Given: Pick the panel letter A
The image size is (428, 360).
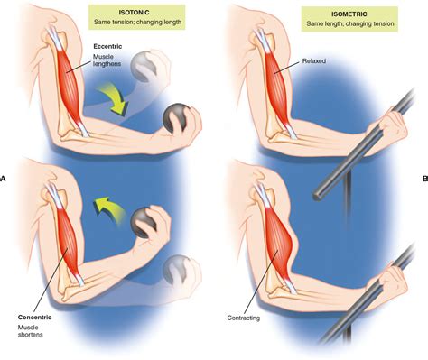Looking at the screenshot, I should point(4,179).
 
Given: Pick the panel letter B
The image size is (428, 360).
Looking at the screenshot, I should point(423,179).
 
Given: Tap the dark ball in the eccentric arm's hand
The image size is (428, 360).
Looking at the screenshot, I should point(177,118).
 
